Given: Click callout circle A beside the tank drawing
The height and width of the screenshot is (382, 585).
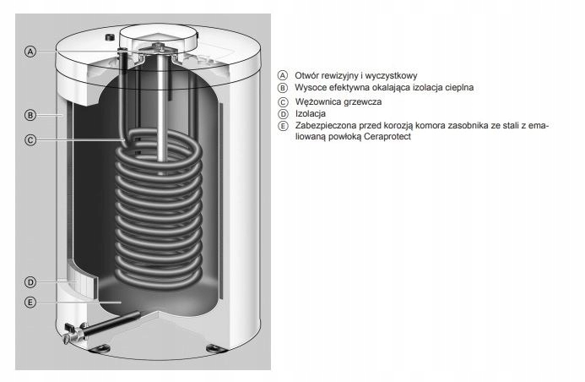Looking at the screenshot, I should point(30,52).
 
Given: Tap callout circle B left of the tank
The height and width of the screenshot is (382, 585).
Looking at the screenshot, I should point(30,114).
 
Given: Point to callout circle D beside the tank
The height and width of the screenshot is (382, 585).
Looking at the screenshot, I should point(30,281).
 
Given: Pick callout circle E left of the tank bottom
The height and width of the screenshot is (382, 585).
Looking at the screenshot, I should point(30,302).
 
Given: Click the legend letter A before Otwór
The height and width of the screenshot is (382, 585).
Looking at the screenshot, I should point(283,74).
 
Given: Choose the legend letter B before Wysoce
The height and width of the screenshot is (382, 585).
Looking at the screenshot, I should point(283,87).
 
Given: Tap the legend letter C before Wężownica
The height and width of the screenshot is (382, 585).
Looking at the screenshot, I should point(283,101).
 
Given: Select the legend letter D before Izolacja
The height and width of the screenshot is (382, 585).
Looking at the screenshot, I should point(283,113).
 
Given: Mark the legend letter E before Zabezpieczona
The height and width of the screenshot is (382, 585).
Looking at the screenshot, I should point(283,125).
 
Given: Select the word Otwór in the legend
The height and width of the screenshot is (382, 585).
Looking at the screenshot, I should point(307,74).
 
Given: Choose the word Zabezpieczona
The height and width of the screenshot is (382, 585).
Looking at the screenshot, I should point(325,125).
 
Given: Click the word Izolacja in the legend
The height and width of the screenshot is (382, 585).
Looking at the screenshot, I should point(311,113).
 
